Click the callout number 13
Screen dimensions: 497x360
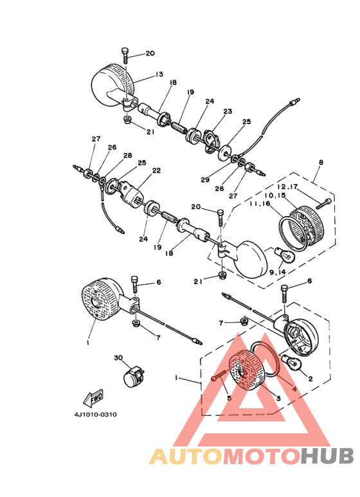click(158, 75)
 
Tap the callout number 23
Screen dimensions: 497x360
click(227, 111)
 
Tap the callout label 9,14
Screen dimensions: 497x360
click(278, 272)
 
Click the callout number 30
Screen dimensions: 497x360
click(118, 357)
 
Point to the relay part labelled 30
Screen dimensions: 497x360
click(134, 376)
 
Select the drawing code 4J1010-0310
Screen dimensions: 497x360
click(95, 414)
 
